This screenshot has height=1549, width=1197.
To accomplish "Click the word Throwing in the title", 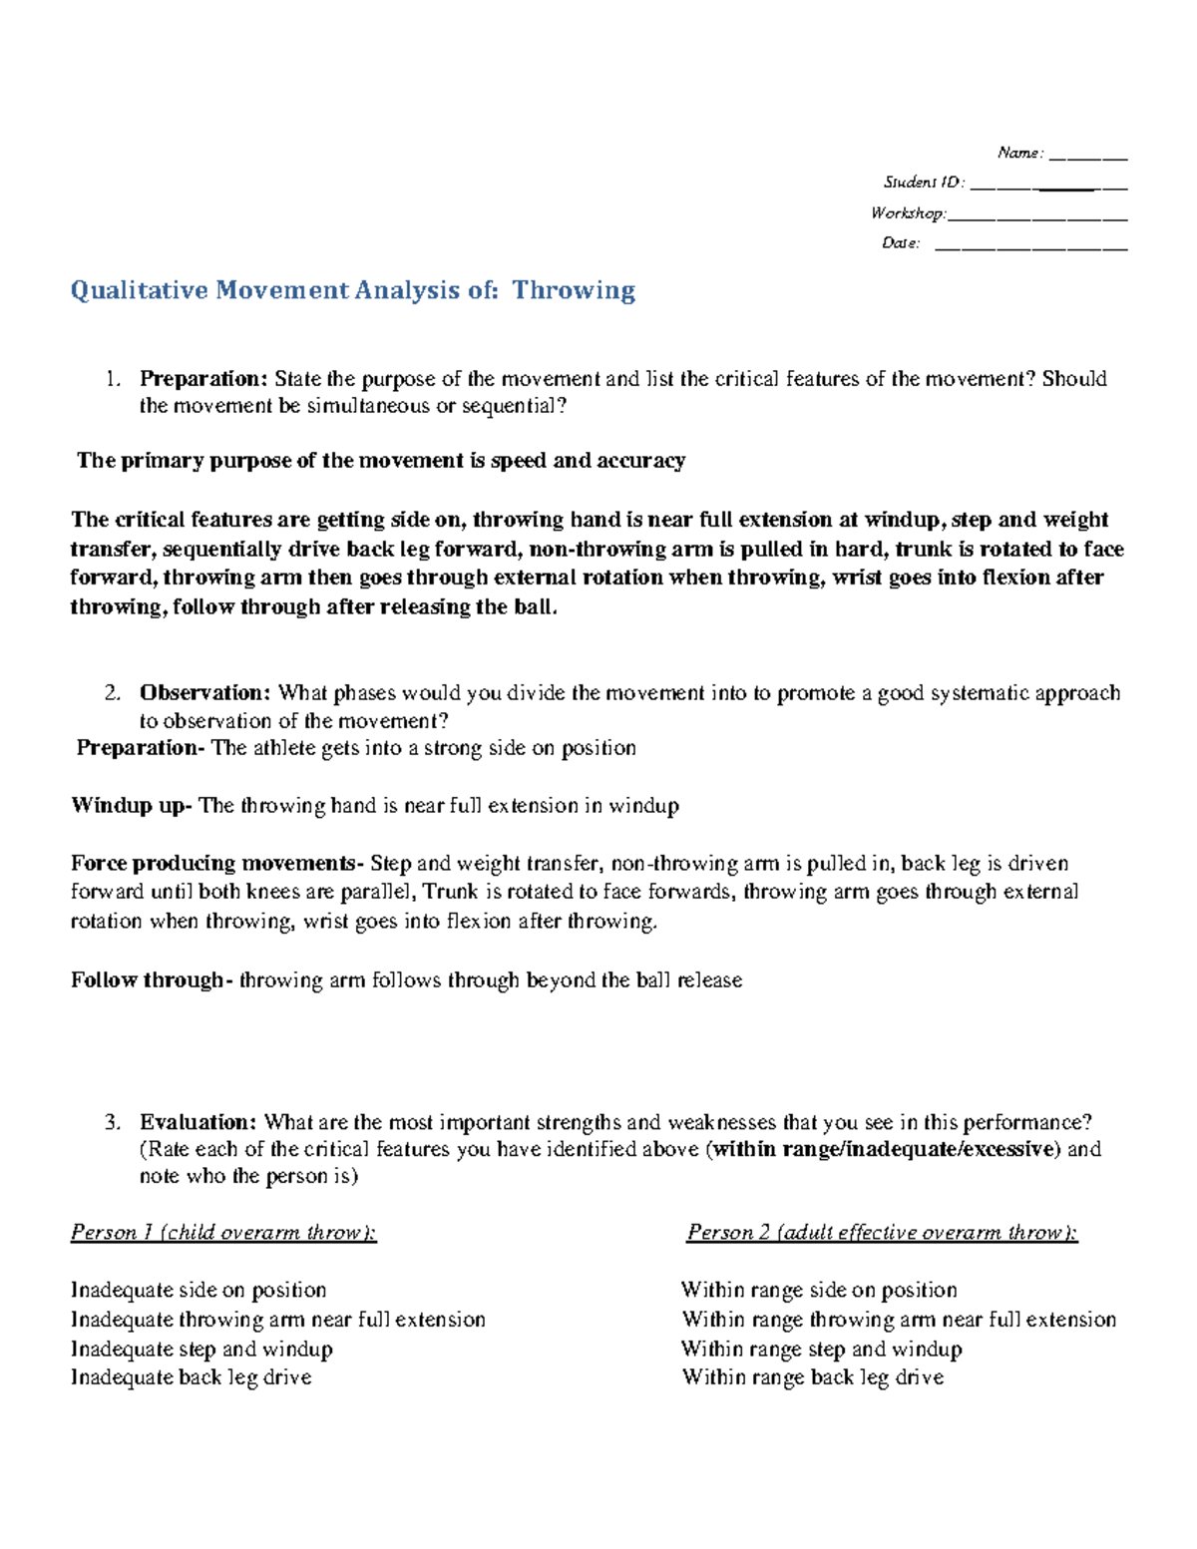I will [x=574, y=291].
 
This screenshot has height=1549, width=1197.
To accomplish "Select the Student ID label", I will [x=924, y=183].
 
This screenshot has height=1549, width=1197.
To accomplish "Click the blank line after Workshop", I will [x=1037, y=214].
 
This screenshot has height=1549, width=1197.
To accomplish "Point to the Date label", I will [x=901, y=243].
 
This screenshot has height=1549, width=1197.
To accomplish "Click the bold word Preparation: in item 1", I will [x=203, y=379].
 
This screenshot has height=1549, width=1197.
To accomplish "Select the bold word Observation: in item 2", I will [x=204, y=693].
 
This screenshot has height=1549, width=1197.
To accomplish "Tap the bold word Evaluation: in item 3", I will [x=199, y=1122].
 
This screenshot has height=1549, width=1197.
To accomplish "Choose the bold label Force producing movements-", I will [x=217, y=864].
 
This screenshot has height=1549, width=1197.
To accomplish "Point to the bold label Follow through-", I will [x=152, y=980].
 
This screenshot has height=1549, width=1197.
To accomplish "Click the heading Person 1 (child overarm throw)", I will [x=223, y=1233].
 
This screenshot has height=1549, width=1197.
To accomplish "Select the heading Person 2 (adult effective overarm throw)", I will [x=882, y=1233].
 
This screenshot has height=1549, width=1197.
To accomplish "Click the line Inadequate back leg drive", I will [x=191, y=1377].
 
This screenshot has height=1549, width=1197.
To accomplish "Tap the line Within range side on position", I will [x=819, y=1291].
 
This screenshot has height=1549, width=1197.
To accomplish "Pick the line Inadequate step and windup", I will [x=201, y=1350].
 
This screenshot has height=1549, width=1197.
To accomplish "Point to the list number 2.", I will [x=113, y=693].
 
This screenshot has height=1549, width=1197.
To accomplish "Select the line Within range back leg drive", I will [x=812, y=1377].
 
